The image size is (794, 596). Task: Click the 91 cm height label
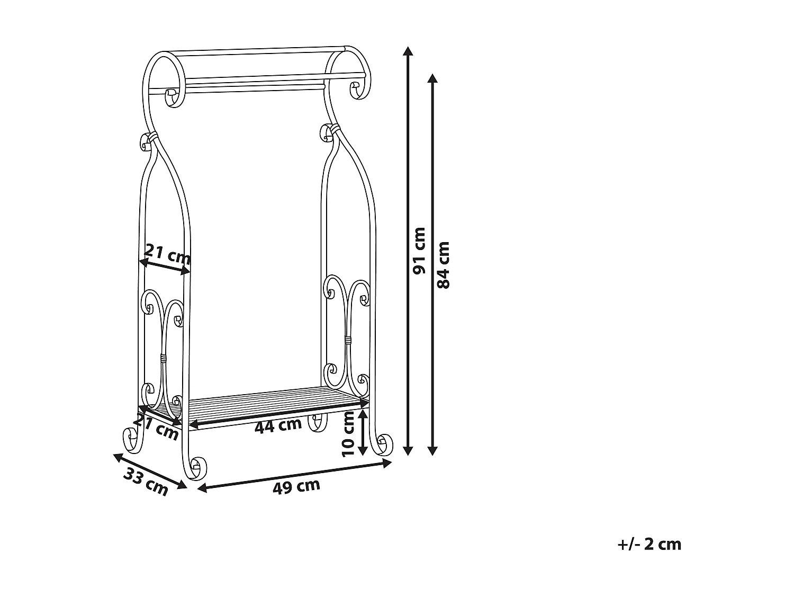point(420,251)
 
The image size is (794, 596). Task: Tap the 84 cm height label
point(444,264)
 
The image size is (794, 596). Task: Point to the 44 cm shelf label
point(278,425)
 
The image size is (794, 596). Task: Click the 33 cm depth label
point(146,482)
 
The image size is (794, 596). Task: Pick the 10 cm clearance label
point(348,433)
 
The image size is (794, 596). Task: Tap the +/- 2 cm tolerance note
point(649,544)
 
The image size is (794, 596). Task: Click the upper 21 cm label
point(167,254)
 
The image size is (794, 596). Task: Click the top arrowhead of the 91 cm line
point(407,51)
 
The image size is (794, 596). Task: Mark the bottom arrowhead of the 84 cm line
point(432,450)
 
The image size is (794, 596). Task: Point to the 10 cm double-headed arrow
point(363,432)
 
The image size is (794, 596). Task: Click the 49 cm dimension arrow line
point(294,476)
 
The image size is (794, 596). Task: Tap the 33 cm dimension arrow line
point(150,470)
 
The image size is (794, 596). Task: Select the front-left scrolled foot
point(196,468)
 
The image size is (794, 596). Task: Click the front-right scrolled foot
point(383,444)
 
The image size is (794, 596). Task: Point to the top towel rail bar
point(259,51)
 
